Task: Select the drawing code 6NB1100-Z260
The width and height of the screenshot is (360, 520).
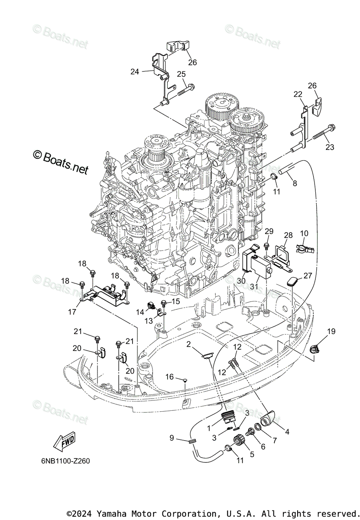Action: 63,461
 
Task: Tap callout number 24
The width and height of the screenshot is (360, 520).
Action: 135,71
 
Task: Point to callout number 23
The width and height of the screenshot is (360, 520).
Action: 330,147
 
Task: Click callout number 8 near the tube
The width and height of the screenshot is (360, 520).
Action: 295,183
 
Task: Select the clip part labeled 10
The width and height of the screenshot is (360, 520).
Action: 303,249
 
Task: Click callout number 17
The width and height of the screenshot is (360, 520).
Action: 72,311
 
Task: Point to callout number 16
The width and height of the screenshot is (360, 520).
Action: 169,377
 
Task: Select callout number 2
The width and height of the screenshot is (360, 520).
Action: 189,344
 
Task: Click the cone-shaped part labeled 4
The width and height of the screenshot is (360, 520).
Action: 268,417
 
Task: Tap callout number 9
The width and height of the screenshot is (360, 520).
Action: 172,438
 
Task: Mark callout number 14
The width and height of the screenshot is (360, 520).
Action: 140,312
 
